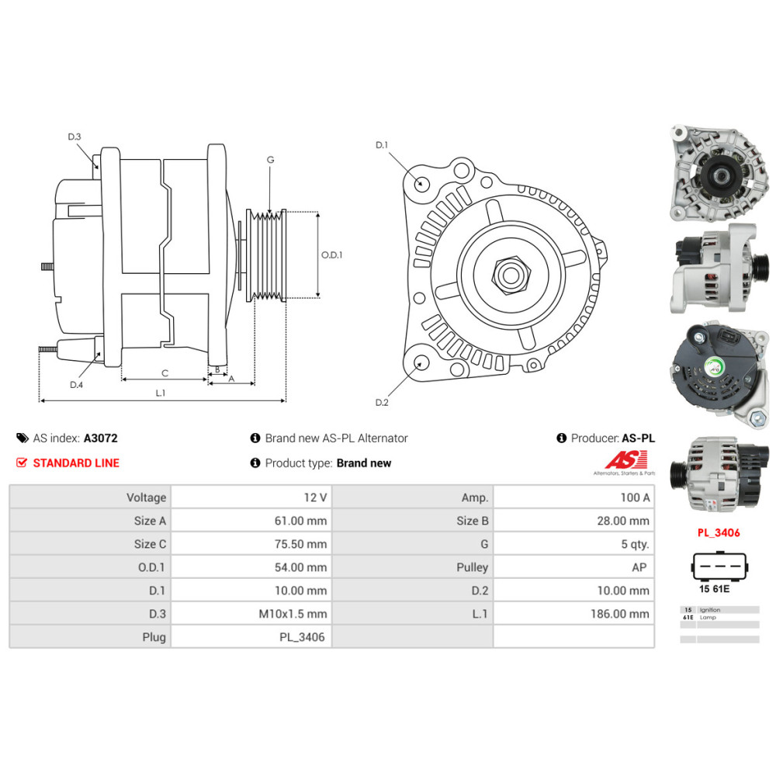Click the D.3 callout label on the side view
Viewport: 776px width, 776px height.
point(74,137)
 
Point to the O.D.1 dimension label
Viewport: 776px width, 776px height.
point(331,254)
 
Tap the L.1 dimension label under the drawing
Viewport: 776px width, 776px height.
point(160,393)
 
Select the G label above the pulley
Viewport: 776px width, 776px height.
point(270,160)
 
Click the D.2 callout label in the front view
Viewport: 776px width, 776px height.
point(381,402)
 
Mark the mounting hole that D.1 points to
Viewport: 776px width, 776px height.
point(422,184)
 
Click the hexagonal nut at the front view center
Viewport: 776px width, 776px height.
point(510,273)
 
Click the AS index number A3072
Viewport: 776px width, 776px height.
point(101,438)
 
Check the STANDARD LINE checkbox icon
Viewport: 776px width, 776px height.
point(22,463)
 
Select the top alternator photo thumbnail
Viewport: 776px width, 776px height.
point(719,174)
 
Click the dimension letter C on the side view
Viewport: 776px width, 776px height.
point(165,373)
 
